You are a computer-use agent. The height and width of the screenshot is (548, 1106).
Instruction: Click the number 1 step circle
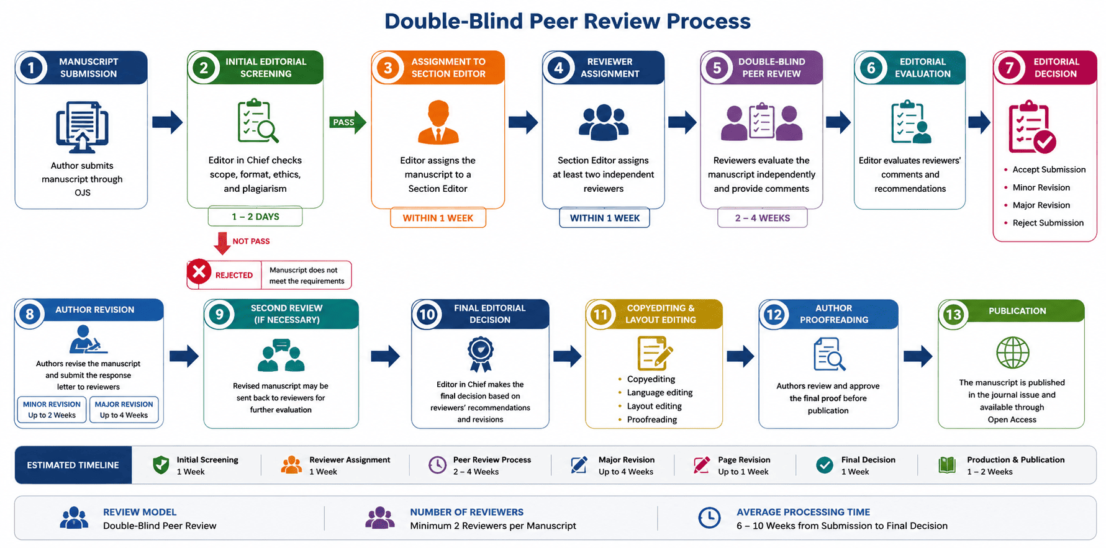pos(32,68)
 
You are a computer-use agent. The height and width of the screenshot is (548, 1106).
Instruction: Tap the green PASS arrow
pos(348,122)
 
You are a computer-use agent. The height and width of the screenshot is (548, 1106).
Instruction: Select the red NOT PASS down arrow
pos(222,243)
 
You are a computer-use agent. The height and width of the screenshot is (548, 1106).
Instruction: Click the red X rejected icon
pos(199,272)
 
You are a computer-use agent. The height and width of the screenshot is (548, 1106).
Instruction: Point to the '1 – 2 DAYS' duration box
pos(255,217)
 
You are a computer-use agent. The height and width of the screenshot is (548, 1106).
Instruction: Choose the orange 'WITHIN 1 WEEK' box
pos(438,218)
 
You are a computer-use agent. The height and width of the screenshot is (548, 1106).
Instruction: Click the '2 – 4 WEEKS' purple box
pos(763,218)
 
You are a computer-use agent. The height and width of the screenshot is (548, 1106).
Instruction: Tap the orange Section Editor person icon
pos(438,122)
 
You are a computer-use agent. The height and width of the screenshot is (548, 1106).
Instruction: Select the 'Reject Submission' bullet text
pos(1048,223)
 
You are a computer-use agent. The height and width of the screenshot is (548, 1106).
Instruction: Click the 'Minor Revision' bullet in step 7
pos(1041,187)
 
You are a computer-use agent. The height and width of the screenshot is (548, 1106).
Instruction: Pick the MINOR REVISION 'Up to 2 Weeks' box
pos(52,410)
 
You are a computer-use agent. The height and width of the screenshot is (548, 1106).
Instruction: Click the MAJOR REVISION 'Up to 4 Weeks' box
pos(124,410)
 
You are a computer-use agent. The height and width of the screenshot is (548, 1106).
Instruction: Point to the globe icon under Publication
pos(1012,353)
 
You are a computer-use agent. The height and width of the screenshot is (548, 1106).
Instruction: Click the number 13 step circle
pos(953,315)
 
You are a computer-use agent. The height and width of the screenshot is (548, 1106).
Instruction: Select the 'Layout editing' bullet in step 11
pos(655,406)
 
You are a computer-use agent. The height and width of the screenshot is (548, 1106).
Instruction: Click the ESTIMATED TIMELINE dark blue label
pos(73,465)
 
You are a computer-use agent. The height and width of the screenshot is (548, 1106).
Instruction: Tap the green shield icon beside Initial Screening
pos(161,465)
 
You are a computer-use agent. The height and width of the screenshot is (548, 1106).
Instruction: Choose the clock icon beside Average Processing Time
pos(709,518)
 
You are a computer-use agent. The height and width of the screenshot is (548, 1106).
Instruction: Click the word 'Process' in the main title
pos(709,21)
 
